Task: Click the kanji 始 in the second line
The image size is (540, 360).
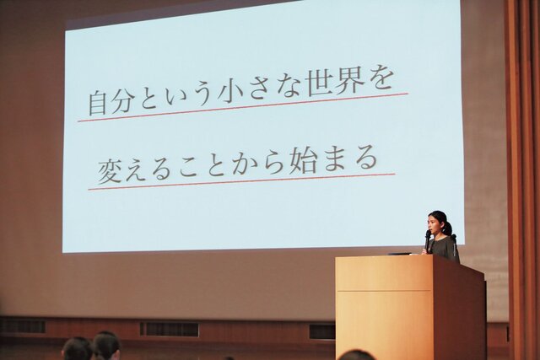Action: [303, 161]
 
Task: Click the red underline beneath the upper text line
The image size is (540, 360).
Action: [243, 107]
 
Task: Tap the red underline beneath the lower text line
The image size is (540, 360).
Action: [241, 182]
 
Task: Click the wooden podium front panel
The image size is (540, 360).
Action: [385, 308]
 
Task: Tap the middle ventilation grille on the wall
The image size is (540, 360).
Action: [169, 330]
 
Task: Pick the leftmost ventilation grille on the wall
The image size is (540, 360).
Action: [23, 326]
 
